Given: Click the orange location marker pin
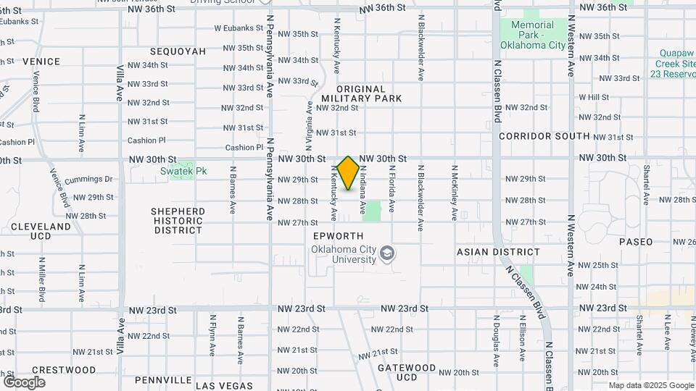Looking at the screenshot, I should point(348,173).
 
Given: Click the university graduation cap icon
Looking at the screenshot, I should point(389,253).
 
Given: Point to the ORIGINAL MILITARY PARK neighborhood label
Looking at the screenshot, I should point(361,93).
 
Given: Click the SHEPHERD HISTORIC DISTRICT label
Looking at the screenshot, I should point(178,221).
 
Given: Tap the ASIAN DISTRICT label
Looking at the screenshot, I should point(498,252).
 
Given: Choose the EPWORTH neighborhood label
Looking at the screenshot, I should point(337,236).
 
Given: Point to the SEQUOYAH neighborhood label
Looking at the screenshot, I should point(178,51).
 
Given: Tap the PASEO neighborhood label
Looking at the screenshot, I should point(636,242).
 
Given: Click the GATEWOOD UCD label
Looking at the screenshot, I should point(407,372).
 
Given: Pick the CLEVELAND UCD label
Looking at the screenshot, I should point(41,231).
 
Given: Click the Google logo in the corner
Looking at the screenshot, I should point(24,382).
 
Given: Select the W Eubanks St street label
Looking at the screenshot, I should point(238,28).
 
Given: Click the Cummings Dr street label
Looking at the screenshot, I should point(88,180).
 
